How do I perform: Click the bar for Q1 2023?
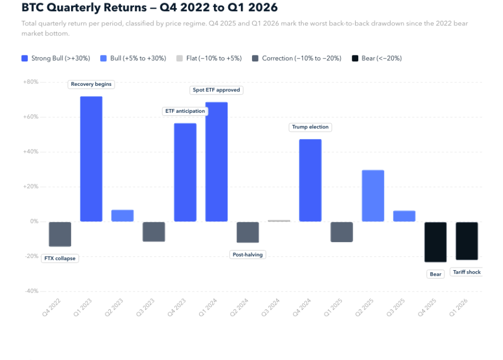click(x=91, y=159)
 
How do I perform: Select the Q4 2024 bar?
click(x=310, y=180)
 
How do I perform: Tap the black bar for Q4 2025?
click(x=435, y=242)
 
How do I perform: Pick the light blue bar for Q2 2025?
click(x=372, y=196)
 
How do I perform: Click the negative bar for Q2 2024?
click(x=247, y=232)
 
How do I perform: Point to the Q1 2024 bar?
click(x=216, y=162)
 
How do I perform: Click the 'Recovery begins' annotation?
click(x=91, y=84)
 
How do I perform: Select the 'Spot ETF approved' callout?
click(x=216, y=90)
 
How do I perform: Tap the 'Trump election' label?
click(x=310, y=127)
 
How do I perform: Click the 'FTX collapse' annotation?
click(x=59, y=258)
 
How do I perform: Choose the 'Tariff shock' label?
click(x=466, y=272)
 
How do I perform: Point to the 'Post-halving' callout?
click(x=247, y=254)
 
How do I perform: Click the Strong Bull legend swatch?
click(x=25, y=58)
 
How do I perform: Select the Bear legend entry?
click(x=376, y=58)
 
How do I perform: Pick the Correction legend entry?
click(x=297, y=58)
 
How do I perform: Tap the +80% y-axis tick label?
click(x=30, y=82)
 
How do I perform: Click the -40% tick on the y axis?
click(x=30, y=291)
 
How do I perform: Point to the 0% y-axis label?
click(x=34, y=221)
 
